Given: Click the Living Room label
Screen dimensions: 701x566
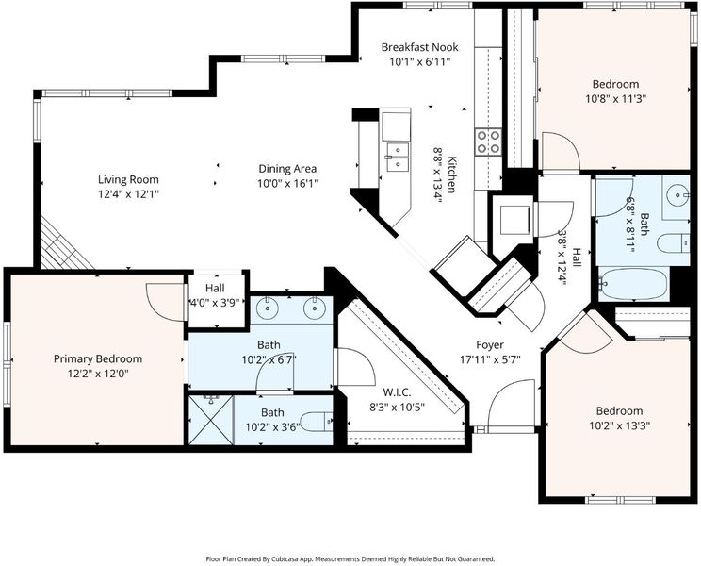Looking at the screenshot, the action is [128, 180].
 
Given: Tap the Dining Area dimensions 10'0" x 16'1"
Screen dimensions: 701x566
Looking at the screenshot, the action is [287, 183].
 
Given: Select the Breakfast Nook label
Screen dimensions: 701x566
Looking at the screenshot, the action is [420, 47].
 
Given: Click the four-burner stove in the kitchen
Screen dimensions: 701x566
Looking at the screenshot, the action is [488, 141].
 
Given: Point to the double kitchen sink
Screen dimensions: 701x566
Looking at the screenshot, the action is [397, 158].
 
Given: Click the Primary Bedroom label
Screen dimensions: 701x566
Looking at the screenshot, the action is [98, 358].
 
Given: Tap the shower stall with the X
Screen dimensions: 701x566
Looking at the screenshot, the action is [211, 420].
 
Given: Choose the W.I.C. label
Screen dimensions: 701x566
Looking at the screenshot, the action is [397, 392].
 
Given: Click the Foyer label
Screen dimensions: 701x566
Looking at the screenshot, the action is [490, 345].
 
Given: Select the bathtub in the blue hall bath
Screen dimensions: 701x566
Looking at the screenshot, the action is [633, 284].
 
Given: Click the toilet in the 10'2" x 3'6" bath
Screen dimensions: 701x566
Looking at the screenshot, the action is [316, 422].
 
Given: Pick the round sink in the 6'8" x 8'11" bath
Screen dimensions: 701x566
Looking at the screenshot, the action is [678, 195].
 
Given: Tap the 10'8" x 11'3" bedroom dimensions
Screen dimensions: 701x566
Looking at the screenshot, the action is [615, 99].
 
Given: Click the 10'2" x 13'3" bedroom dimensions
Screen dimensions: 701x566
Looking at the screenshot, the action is [619, 425].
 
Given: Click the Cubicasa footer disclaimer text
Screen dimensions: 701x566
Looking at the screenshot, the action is [350, 558].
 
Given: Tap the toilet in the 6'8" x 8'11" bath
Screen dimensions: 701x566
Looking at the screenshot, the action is [674, 243].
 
